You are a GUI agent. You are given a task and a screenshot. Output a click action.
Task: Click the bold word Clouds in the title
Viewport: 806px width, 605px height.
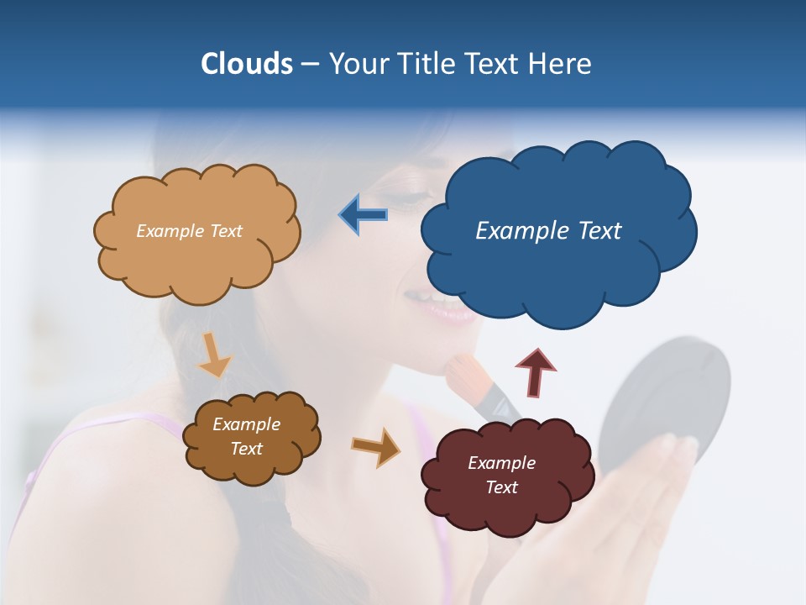246,64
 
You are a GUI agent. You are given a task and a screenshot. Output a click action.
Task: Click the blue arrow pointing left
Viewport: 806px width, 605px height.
363,214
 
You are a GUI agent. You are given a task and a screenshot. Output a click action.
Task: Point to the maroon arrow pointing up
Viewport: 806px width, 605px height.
535,371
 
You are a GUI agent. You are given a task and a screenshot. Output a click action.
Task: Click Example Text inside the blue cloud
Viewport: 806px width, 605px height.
548,231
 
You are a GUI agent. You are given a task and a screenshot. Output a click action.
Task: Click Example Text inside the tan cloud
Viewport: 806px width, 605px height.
189,231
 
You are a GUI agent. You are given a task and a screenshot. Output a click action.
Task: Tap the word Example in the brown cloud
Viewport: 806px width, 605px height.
246,424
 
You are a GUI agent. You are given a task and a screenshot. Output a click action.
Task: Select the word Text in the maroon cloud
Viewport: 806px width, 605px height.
501,487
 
